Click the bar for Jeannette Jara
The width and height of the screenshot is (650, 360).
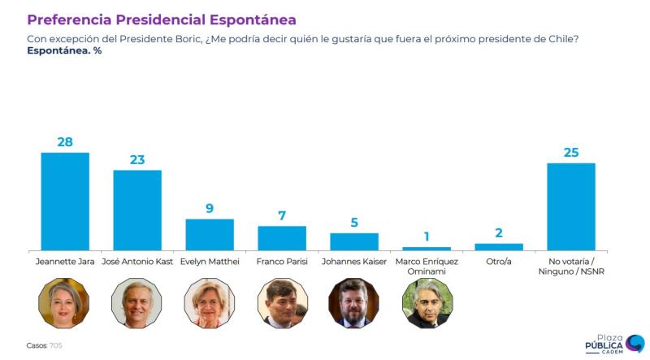tap(65, 201)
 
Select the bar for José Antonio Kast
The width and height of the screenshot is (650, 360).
tap(137, 210)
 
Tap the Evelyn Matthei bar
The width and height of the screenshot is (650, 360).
tap(210, 234)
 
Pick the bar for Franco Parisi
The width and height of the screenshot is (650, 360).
tap(282, 237)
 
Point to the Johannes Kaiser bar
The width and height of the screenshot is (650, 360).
tap(354, 241)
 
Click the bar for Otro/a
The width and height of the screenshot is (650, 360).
tap(499, 246)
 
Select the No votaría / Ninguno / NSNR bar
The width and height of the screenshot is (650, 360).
tap(571, 206)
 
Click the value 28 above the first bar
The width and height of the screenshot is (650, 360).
tap(65, 141)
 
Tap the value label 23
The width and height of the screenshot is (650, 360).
tap(137, 159)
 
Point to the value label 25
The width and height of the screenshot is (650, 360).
tap(571, 152)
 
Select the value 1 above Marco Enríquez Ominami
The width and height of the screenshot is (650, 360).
tap(427, 236)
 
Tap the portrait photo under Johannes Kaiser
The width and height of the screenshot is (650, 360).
tap(353, 303)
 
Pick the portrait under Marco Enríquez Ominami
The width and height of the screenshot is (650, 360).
tap(427, 303)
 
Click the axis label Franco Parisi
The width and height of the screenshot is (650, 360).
tap(282, 262)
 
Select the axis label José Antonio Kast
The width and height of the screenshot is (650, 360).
tap(137, 262)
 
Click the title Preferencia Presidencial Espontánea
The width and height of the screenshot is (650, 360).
tap(162, 19)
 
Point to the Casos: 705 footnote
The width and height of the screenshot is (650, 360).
tap(44, 345)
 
